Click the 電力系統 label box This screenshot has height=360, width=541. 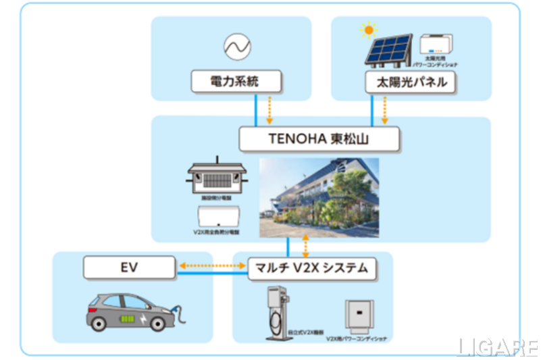coord(234,82)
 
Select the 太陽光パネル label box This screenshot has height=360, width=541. coord(410,83)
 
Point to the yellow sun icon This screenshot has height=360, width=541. coord(368,30)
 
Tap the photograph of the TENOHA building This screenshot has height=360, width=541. coord(319,197)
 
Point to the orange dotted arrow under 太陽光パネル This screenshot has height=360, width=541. coord(385,109)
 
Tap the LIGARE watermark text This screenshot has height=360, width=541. coord(498,347)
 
